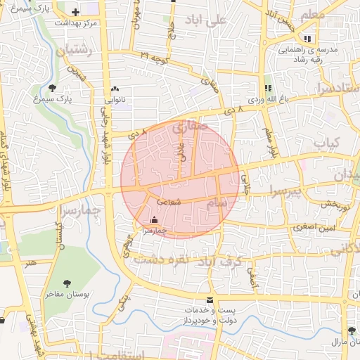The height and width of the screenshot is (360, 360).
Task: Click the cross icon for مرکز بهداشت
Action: pyautogui.click(x=75, y=12)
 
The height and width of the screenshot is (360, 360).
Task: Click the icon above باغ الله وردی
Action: pyautogui.click(x=267, y=88)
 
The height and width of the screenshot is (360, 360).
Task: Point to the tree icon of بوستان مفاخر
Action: pyautogui.click(x=67, y=283)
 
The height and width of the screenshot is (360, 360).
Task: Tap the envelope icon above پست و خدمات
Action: pyautogui.click(x=210, y=300)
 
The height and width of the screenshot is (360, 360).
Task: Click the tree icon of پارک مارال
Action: pyautogui.click(x=351, y=330)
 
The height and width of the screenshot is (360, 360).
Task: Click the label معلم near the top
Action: pyautogui.click(x=312, y=15)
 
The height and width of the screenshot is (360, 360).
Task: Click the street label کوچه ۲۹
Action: pyautogui.click(x=155, y=54)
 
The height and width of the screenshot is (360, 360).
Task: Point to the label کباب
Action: pyautogui.click(x=326, y=143)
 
